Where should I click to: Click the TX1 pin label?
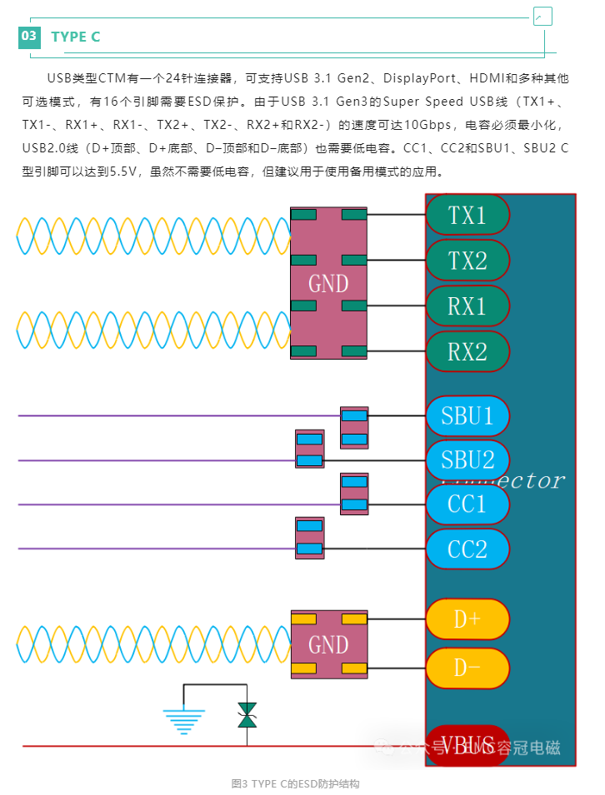pos(467,215)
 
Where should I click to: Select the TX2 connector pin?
pos(467,261)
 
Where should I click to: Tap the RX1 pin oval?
pos(467,306)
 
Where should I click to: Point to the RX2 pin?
pos(467,351)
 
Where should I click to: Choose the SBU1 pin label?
pos(467,415)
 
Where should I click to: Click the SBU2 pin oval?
pos(467,460)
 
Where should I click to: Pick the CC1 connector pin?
pos(467,504)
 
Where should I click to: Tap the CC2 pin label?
pos(467,549)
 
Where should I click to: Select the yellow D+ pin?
pos(467,619)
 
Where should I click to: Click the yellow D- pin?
pos(467,668)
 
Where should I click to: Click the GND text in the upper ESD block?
pos(328,284)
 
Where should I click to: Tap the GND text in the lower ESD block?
pos(328,644)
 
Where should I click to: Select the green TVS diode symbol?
pos(247,715)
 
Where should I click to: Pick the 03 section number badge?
pos(29,36)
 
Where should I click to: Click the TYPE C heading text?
pos(76,37)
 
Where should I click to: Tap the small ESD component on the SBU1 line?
pos(354,427)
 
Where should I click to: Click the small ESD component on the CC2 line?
pos(309,537)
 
